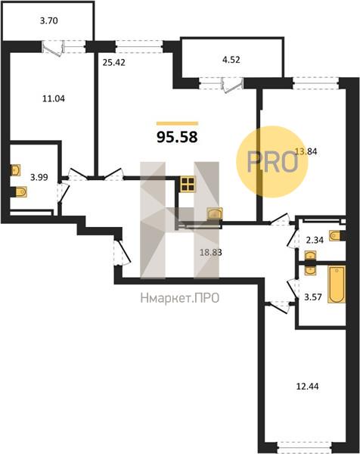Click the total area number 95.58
point(177,137)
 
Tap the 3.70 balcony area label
point(49,21)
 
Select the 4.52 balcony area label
point(231,60)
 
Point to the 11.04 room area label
point(54,98)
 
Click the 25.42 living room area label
point(114,63)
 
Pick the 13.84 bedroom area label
point(306,151)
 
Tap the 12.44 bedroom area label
point(307,386)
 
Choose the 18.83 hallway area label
point(211,253)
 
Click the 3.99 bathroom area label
point(39,177)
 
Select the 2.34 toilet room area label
point(315,240)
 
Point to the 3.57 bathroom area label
point(313,297)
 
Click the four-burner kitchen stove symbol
point(188,185)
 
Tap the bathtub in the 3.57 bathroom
point(337,285)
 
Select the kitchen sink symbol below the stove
point(215,213)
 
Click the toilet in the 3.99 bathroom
point(20,191)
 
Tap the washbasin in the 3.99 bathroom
point(15,170)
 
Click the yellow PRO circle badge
point(272,162)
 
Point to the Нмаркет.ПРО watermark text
point(180,298)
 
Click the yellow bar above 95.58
point(178,123)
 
